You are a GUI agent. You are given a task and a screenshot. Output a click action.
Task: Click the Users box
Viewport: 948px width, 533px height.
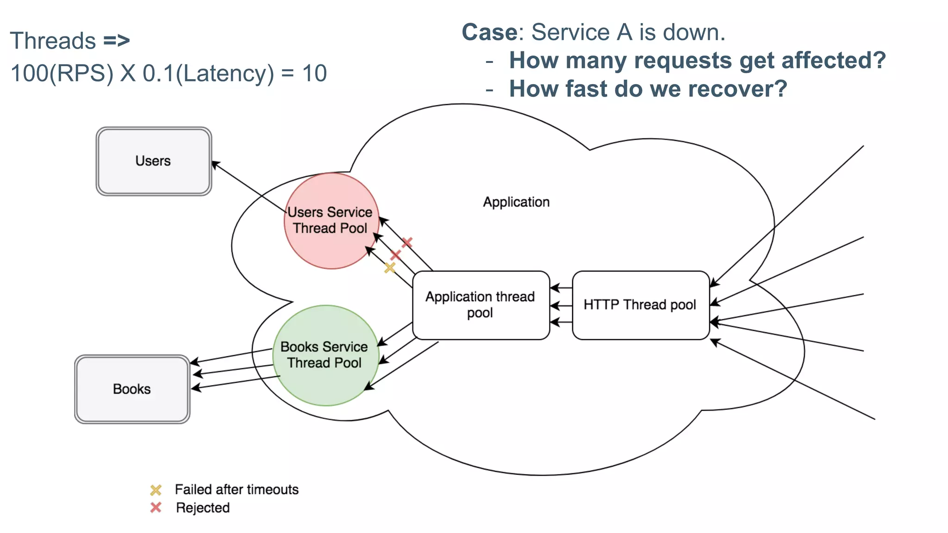coord(154,161)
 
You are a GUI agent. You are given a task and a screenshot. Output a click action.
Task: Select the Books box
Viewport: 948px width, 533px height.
coord(132,389)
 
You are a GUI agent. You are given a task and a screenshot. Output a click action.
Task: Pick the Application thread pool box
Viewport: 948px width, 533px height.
coord(480,305)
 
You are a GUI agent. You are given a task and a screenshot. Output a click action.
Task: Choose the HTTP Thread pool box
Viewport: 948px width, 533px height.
coord(640,305)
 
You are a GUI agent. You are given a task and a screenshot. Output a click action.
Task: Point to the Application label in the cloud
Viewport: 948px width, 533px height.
coord(516,202)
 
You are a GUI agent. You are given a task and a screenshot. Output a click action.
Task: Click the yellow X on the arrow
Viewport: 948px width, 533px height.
coord(390,267)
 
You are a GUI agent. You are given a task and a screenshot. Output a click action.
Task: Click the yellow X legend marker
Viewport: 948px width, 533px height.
coord(156,490)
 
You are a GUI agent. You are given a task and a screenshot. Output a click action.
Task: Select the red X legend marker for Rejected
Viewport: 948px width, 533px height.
coord(156,508)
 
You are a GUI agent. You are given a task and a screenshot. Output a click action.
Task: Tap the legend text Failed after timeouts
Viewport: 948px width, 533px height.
coord(237,490)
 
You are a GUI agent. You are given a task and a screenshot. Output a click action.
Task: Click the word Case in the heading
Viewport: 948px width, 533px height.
coord(489,32)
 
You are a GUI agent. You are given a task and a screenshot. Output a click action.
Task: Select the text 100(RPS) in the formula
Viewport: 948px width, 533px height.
coord(62,73)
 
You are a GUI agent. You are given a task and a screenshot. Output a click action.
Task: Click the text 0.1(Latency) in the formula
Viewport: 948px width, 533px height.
coord(208,73)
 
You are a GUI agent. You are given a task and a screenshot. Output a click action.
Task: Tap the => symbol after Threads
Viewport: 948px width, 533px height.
coord(116,41)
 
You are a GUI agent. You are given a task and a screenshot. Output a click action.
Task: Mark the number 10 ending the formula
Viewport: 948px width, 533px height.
coord(314,73)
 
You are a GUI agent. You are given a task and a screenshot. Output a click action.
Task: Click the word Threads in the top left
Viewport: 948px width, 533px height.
coord(53,41)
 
